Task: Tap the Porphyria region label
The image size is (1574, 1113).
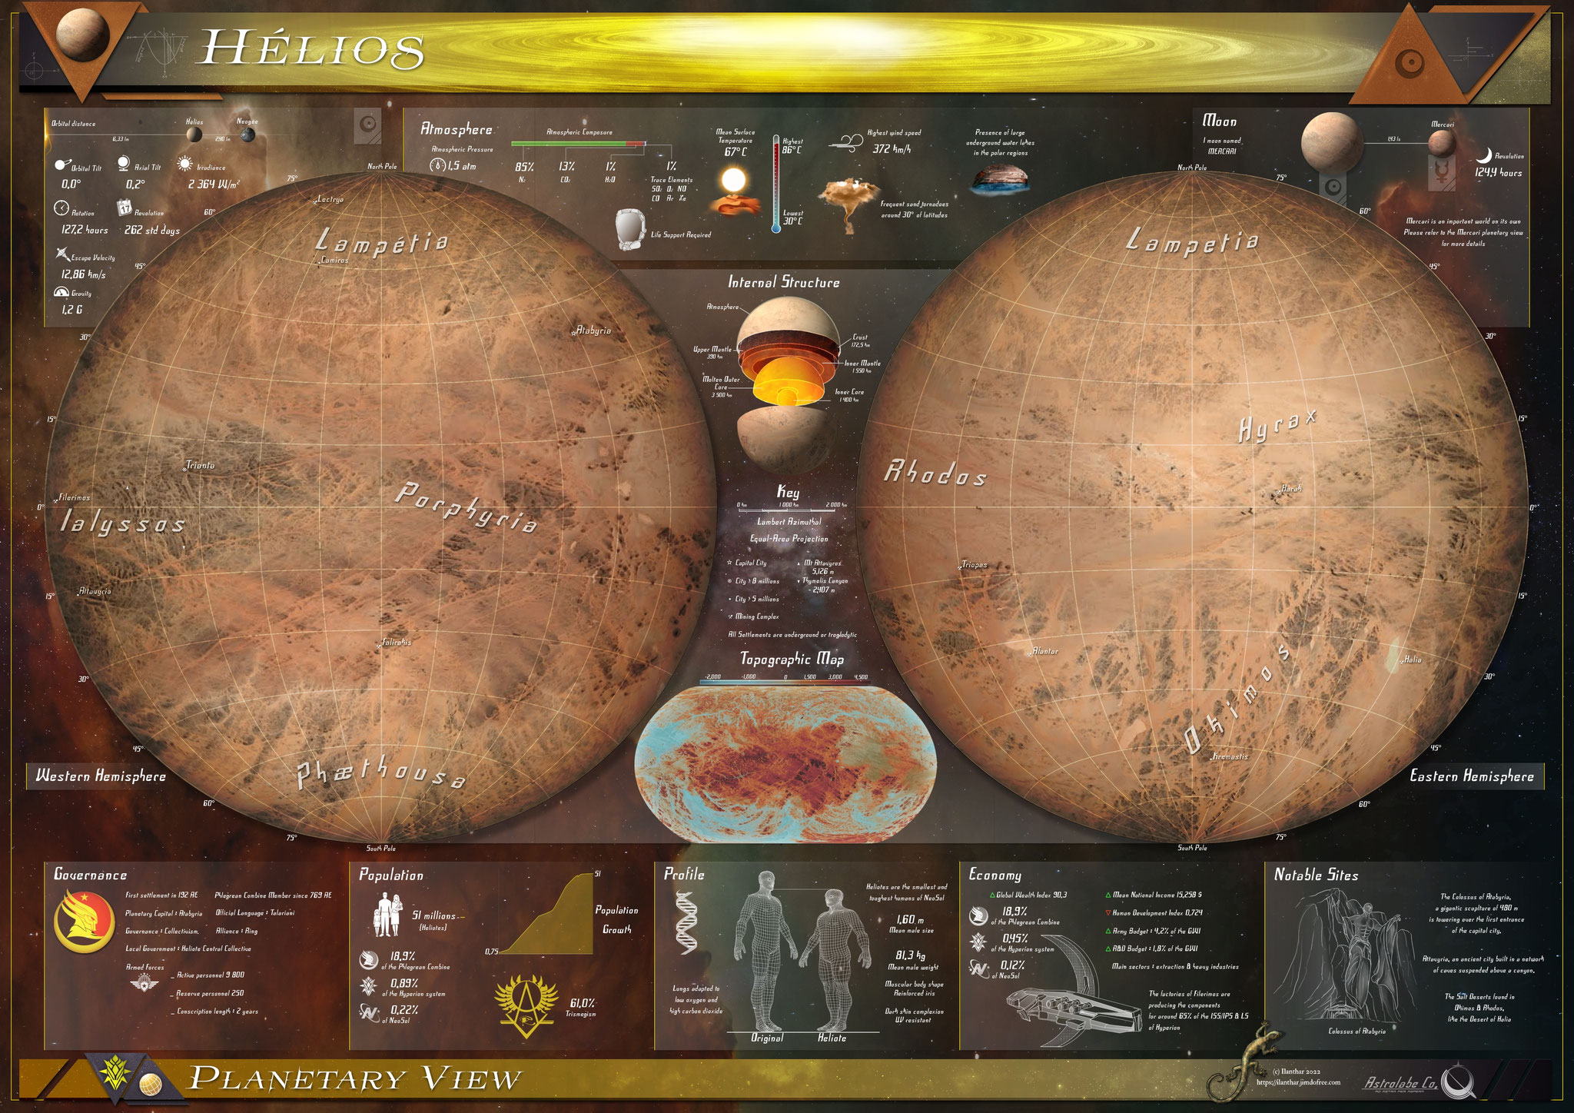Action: [465, 507]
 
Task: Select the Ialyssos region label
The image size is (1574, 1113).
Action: [123, 523]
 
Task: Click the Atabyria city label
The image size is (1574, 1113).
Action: [593, 331]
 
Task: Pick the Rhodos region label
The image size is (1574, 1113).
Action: [935, 473]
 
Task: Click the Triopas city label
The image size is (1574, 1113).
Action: [974, 565]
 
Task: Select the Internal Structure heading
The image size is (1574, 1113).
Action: [784, 282]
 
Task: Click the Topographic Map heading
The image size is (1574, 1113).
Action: [792, 659]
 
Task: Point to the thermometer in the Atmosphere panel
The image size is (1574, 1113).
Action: [776, 184]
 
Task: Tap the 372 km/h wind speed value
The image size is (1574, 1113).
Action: [892, 149]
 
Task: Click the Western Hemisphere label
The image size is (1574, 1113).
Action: [101, 776]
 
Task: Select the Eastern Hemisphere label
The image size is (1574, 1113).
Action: [1471, 776]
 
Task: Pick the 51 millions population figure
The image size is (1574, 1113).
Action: [433, 915]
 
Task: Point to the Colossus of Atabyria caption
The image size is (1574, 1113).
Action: [1356, 1032]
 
